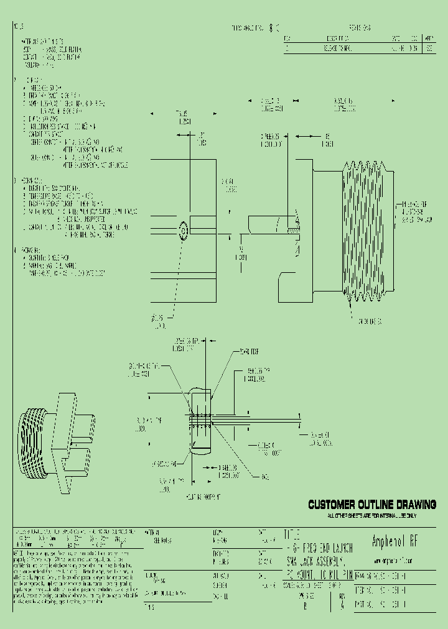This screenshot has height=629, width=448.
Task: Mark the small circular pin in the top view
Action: [183, 231]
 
